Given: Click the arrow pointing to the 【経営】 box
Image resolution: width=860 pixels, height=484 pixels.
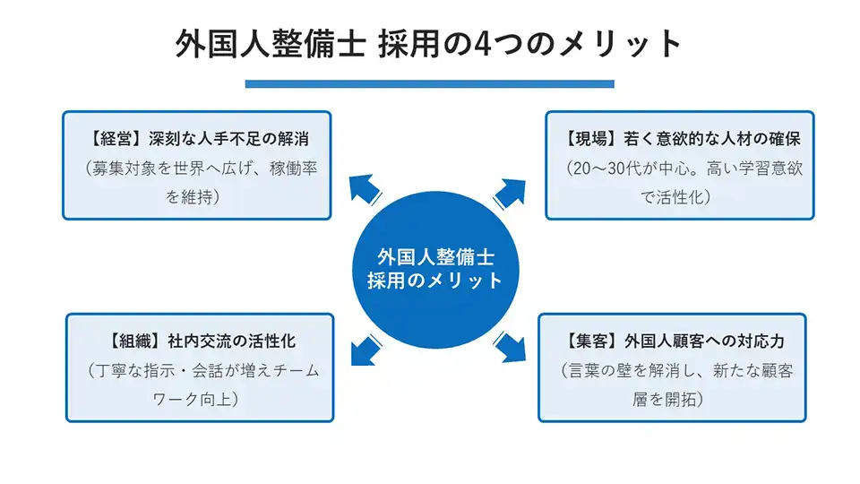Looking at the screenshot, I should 364,189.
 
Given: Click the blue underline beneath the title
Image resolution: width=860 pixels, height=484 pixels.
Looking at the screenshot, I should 430,83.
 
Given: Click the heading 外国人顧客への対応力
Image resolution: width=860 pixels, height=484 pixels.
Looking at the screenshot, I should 705,341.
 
